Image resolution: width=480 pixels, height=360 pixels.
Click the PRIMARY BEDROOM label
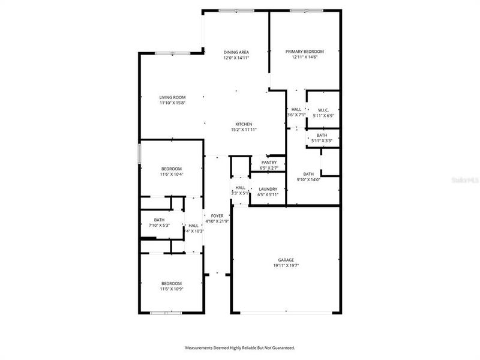click(x=304, y=52)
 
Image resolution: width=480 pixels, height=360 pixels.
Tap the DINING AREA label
click(x=236, y=52)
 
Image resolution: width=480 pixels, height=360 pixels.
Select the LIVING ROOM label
click(x=172, y=97)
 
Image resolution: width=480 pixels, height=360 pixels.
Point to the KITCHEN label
click(x=244, y=124)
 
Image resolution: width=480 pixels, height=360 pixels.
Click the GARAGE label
click(x=286, y=260)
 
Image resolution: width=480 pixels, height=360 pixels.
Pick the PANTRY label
click(x=268, y=163)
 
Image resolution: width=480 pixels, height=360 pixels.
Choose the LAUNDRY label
click(x=268, y=189)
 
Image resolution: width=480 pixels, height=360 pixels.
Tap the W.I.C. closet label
click(x=323, y=110)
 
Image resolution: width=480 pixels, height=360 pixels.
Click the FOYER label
click(x=217, y=215)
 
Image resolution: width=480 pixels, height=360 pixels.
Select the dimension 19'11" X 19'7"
click(x=286, y=265)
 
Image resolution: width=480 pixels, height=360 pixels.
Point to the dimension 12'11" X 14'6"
click(x=304, y=58)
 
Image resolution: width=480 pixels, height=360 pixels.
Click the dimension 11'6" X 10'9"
click(x=171, y=289)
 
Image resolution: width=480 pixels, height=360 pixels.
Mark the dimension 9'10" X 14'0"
click(x=308, y=179)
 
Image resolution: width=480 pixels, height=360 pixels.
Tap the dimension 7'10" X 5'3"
click(x=159, y=226)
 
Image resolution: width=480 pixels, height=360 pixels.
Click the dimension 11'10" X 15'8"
click(x=172, y=103)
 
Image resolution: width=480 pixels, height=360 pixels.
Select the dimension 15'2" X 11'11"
click(x=244, y=130)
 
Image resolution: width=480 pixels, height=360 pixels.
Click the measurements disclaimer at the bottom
click(x=239, y=347)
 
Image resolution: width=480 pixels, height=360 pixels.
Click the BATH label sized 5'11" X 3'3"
click(x=322, y=135)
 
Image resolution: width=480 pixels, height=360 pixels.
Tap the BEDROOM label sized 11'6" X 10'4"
click(x=171, y=169)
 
